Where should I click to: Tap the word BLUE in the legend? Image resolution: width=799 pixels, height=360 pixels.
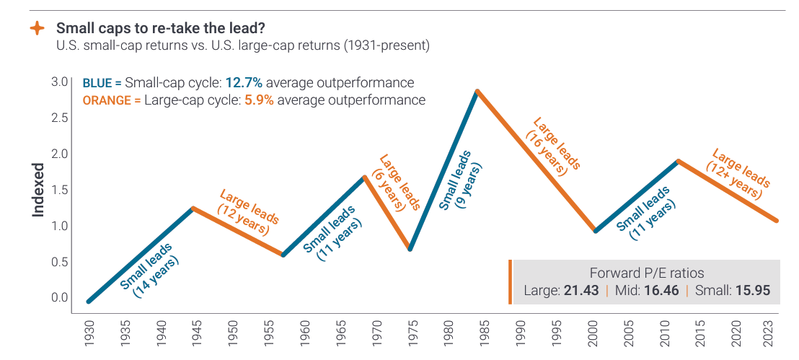click(x=98, y=82)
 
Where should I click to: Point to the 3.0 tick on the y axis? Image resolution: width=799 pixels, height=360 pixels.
click(x=60, y=81)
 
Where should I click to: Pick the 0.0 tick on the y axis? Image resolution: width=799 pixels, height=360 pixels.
click(x=60, y=297)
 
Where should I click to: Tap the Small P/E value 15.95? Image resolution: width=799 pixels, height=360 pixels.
click(x=752, y=291)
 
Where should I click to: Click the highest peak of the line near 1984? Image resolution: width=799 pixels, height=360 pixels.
click(x=477, y=90)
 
